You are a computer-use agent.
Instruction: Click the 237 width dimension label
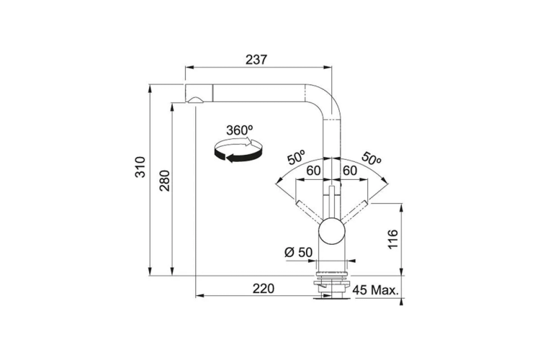[256, 59]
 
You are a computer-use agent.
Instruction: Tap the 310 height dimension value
[140, 167]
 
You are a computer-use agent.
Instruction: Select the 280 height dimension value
[165, 181]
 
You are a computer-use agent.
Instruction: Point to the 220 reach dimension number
[264, 289]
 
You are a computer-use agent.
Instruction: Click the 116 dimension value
[392, 239]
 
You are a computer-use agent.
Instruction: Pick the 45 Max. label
[375, 290]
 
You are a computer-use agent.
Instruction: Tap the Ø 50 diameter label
[299, 252]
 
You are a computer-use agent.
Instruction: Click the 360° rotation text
[240, 130]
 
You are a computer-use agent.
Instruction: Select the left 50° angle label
[296, 157]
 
